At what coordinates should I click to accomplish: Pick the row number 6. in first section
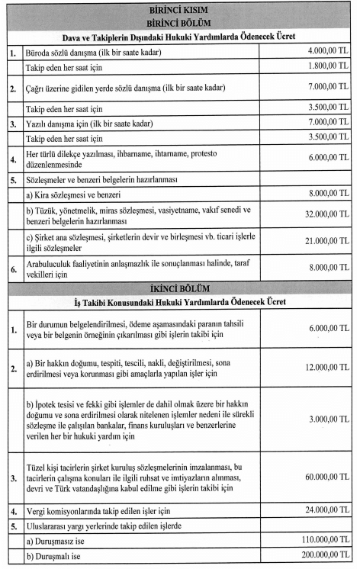coord(12,268)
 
